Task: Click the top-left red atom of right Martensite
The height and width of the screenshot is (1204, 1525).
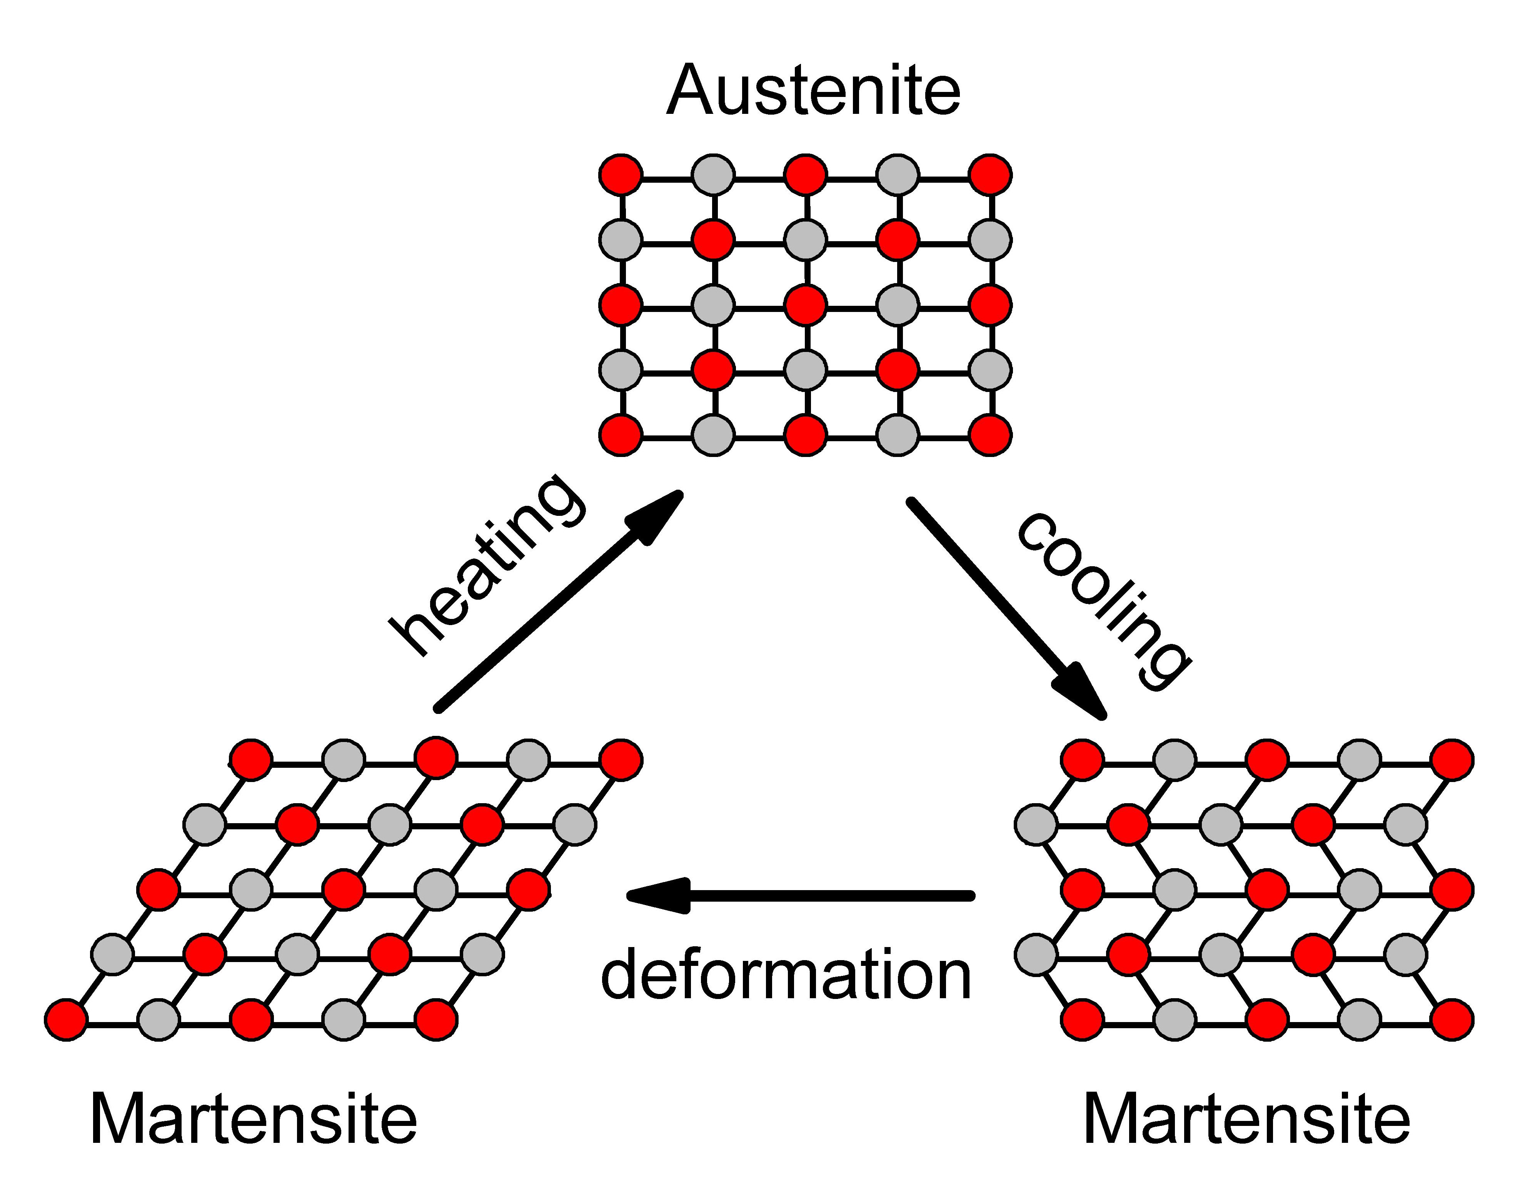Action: pyautogui.click(x=1082, y=759)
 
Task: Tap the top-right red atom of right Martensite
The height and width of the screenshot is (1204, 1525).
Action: pyautogui.click(x=1452, y=759)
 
